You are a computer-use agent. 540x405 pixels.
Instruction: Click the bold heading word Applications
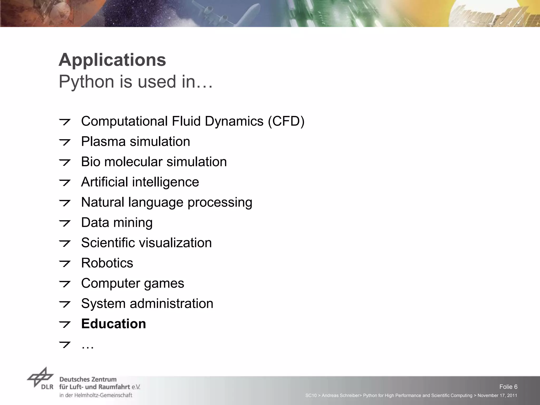pos(112,60)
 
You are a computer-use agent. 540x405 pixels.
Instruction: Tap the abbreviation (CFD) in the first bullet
pos(286,122)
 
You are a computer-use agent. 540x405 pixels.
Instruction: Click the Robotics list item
pos(107,263)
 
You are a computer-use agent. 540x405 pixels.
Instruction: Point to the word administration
pos(171,304)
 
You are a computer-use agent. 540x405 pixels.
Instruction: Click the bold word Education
pos(113,324)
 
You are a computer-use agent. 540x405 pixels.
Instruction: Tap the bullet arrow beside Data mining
pos(65,223)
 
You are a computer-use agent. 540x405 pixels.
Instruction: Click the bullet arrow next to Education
pos(65,324)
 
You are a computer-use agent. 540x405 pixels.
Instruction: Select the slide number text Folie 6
pos(508,387)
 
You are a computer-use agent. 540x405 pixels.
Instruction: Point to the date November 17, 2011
pos(497,396)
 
